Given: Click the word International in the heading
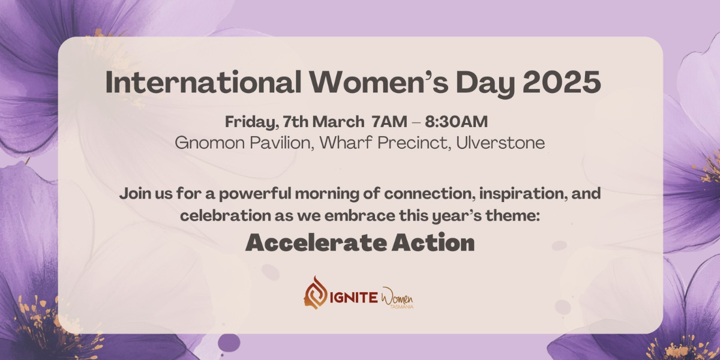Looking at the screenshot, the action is click(203, 82).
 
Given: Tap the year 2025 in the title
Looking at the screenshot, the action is click(562, 82).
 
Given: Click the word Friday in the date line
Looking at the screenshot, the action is click(251, 122).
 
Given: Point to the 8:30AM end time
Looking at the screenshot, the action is click(457, 121).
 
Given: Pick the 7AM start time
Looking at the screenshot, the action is click(389, 121).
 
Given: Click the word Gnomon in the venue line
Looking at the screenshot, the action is click(210, 143).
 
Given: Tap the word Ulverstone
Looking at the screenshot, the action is click(500, 143).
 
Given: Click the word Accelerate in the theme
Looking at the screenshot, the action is click(316, 242).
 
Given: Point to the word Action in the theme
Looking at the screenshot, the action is click(433, 242).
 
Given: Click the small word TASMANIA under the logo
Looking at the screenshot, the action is click(402, 307).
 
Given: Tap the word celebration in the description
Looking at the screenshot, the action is click(226, 215).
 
